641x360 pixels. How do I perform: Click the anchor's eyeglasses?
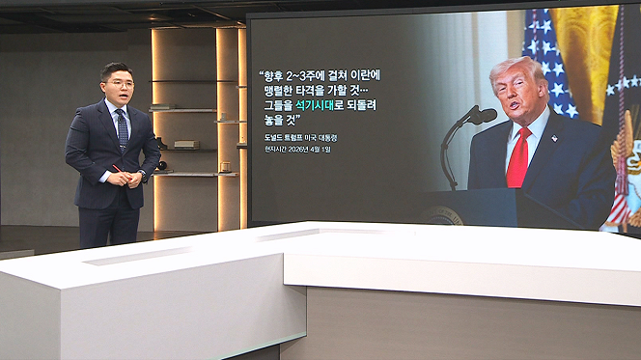pos(120,85)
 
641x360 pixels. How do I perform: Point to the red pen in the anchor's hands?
pos(122,172)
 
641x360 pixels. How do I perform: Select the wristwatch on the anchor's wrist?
pos(143,174)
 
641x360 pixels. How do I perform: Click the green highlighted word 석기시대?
pos(315,105)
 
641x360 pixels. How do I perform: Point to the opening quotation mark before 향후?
pos(262,72)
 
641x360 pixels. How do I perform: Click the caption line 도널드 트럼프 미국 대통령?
pos(301,138)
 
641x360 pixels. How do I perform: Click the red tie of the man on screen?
pos(518,158)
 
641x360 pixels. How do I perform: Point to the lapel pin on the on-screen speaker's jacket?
pos(554,139)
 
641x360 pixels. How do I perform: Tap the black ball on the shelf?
pos(162,165)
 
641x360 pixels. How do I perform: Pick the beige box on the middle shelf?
pos(187,144)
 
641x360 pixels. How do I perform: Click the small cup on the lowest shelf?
pos(225,167)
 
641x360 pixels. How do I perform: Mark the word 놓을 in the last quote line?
pos(274,120)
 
